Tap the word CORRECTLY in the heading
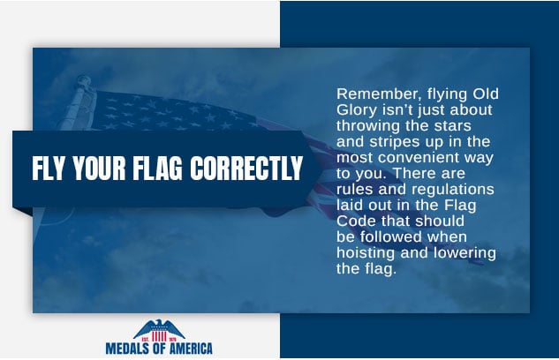point(246,168)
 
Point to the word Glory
point(357,110)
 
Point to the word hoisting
point(366,253)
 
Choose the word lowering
point(465,253)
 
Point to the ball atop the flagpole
point(83,80)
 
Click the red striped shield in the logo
point(159,336)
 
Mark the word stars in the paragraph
point(453,126)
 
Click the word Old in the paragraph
point(486,94)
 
